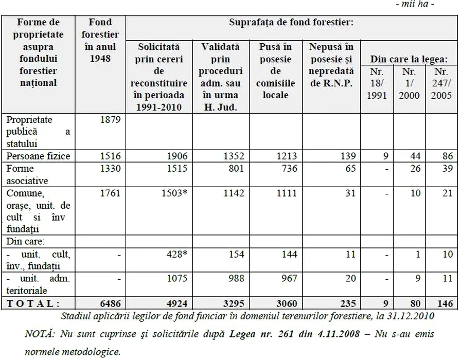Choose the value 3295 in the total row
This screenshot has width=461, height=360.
(x=233, y=303)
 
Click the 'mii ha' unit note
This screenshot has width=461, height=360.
(x=437, y=5)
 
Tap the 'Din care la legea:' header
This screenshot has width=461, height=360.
(x=406, y=59)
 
